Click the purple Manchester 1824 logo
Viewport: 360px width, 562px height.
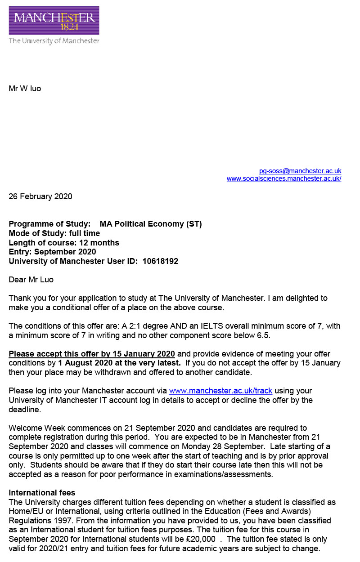(54, 21)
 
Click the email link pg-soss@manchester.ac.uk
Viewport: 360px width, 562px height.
(300, 171)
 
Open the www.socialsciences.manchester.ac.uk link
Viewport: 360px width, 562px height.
(284, 178)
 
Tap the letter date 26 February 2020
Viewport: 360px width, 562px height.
(40, 196)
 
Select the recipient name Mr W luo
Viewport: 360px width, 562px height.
(25, 89)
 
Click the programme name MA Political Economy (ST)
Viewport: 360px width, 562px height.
(151, 224)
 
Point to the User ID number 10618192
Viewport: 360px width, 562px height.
(160, 261)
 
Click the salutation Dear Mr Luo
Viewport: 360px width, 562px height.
(31, 280)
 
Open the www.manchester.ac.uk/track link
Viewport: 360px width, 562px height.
(220, 391)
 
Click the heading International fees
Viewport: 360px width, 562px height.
(42, 493)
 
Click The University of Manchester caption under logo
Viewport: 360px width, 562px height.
(54, 41)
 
